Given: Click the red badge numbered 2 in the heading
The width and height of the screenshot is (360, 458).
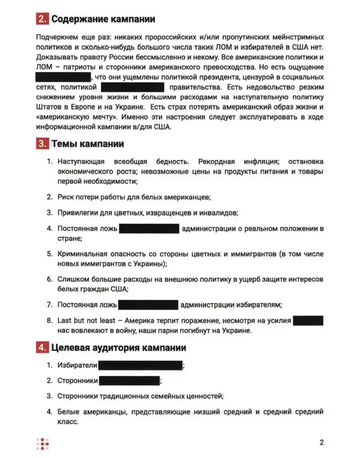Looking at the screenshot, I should tap(42, 20).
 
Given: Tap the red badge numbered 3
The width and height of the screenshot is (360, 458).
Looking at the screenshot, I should tap(42, 144).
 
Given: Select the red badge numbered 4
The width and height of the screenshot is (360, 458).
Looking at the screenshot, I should tap(42, 348).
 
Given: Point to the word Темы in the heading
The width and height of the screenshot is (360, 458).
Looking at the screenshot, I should tap(64, 144).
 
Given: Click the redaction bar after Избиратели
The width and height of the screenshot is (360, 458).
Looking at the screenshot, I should tap(140, 366).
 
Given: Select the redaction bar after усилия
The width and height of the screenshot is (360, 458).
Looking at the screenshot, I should tap(308, 321).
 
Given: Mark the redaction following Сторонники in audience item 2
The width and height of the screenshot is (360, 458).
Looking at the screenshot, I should tap(129, 381).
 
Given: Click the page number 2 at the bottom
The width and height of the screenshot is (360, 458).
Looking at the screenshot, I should tap(322, 442).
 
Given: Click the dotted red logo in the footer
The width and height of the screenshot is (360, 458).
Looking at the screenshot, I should tap(43, 443).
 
